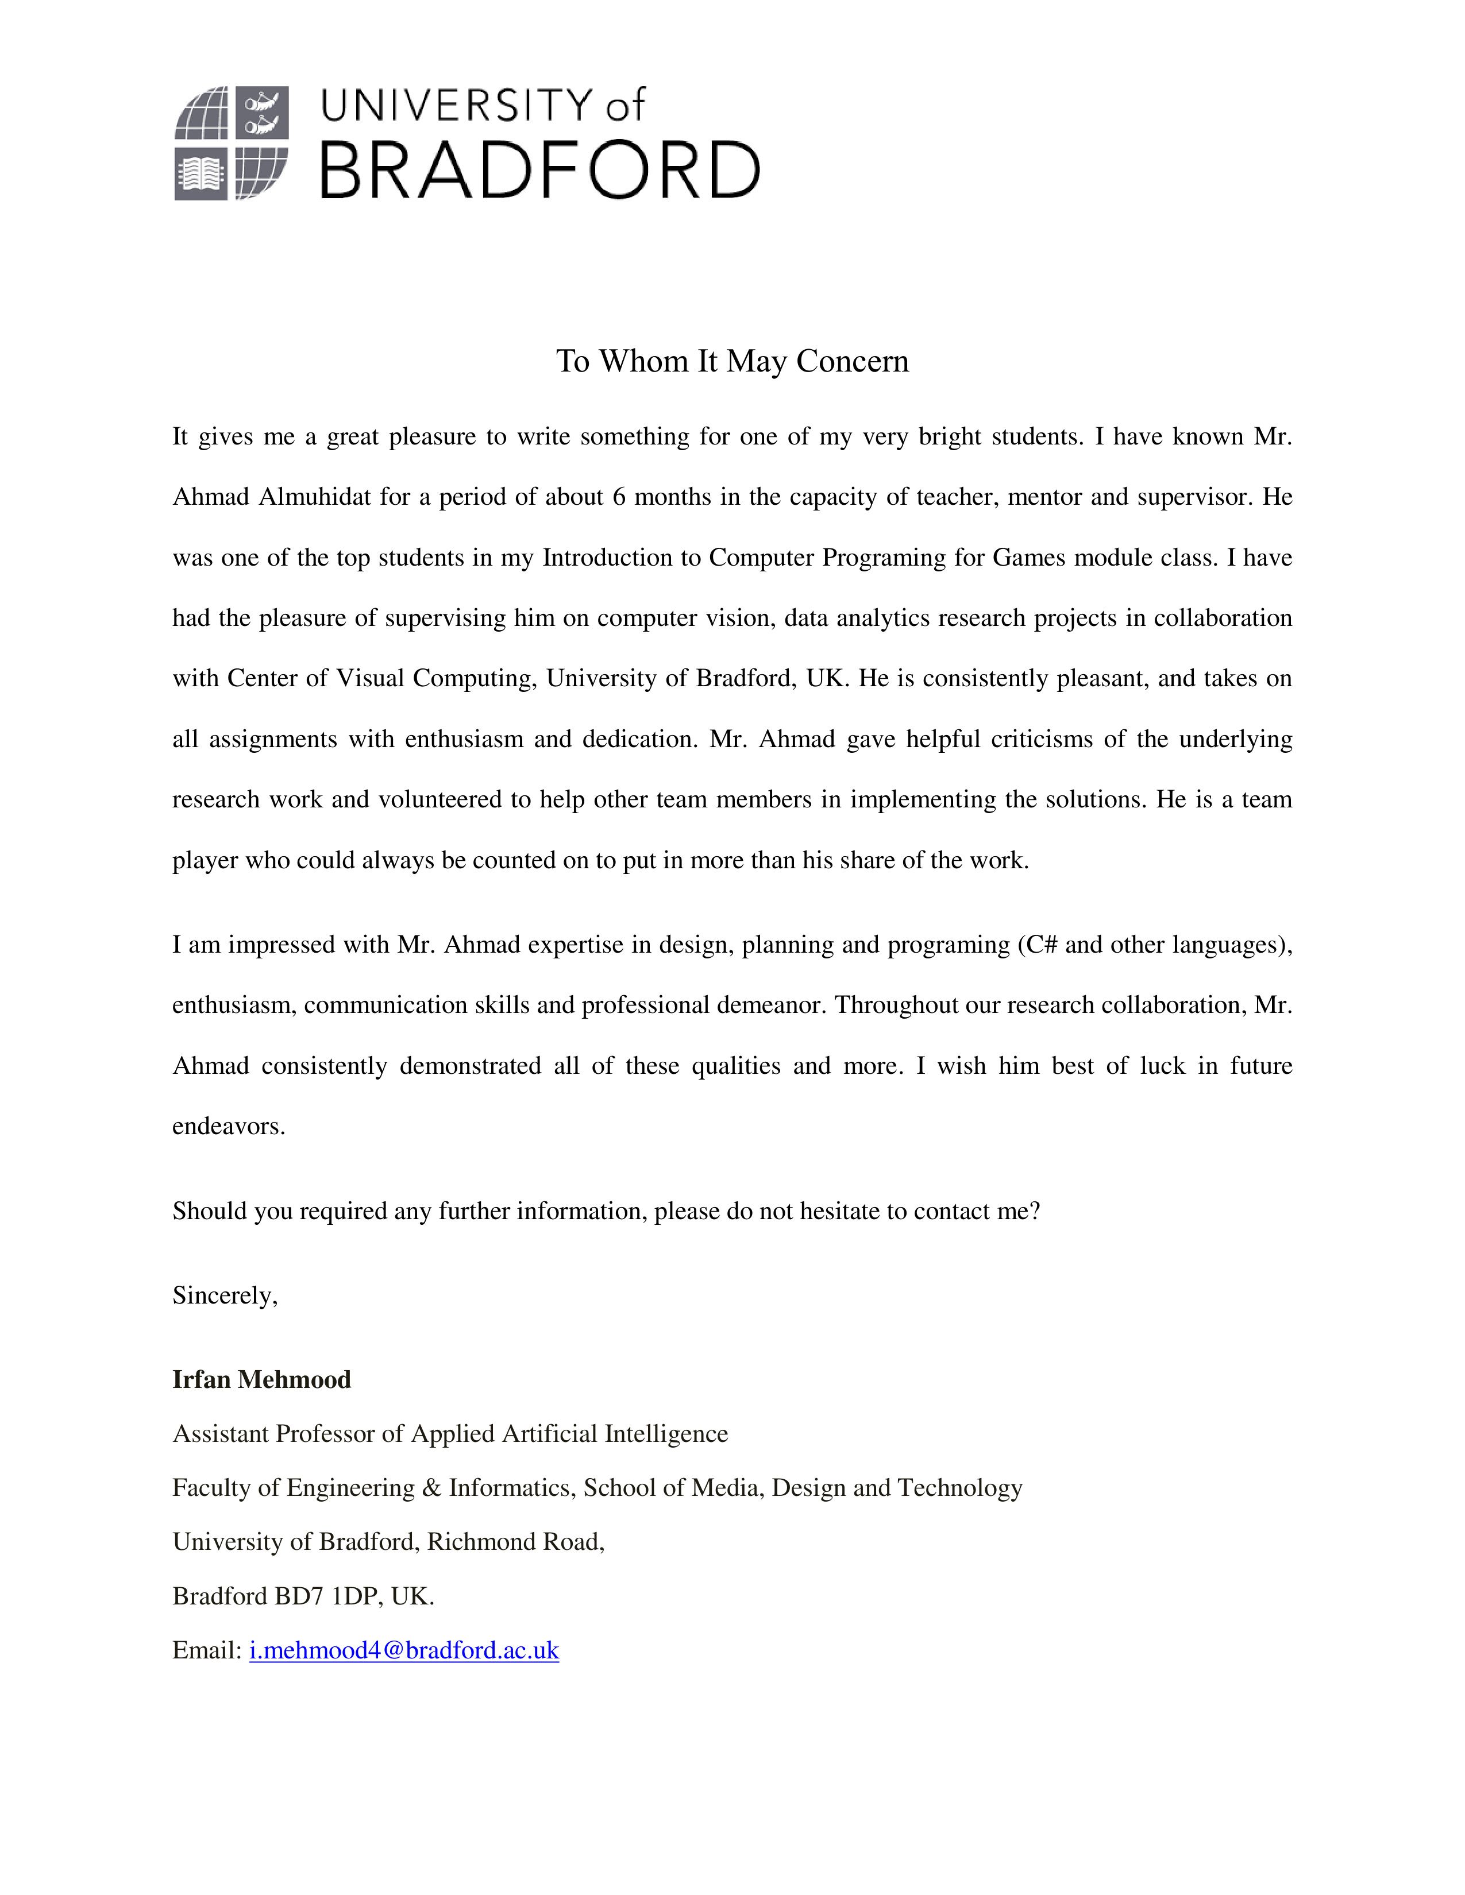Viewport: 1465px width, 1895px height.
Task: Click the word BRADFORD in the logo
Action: [x=540, y=171]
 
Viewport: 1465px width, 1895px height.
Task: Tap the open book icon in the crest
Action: [x=201, y=175]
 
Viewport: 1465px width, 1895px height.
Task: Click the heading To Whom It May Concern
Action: [x=731, y=361]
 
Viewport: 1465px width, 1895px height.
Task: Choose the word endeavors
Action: [x=228, y=1126]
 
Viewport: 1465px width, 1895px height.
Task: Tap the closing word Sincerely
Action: [x=224, y=1295]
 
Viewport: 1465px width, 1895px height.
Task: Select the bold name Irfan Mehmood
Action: [x=261, y=1379]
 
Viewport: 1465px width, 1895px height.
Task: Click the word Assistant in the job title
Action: [x=221, y=1433]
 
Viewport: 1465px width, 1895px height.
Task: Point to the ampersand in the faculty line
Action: [x=431, y=1487]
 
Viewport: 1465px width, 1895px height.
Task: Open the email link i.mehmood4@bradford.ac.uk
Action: [x=403, y=1649]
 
